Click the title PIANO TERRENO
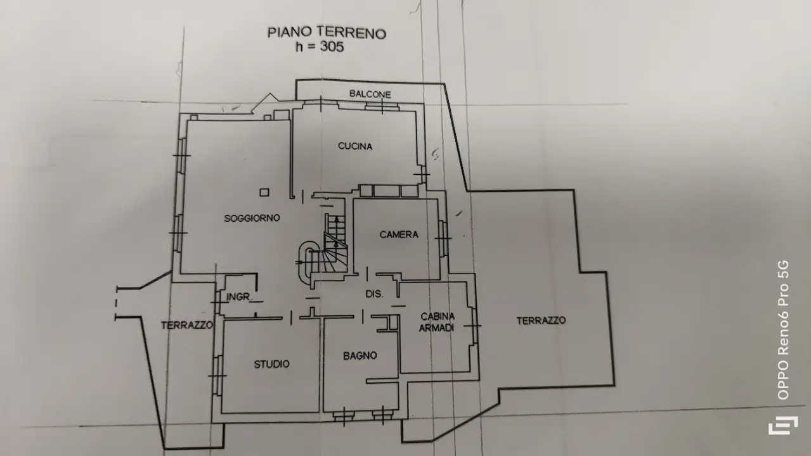pyautogui.click(x=327, y=33)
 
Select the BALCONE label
pyautogui.click(x=370, y=94)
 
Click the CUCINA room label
pyautogui.click(x=355, y=146)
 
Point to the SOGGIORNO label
pyautogui.click(x=252, y=218)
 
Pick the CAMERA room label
pyautogui.click(x=399, y=234)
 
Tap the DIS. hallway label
pyautogui.click(x=374, y=294)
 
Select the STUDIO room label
pyautogui.click(x=272, y=364)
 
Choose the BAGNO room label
pyautogui.click(x=360, y=356)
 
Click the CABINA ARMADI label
pyautogui.click(x=438, y=322)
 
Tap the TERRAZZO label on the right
pyautogui.click(x=541, y=320)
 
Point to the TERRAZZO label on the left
pyautogui.click(x=186, y=325)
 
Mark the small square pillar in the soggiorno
pyautogui.click(x=264, y=193)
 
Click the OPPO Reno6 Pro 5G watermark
pyautogui.click(x=783, y=329)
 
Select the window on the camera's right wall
pyautogui.click(x=443, y=237)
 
